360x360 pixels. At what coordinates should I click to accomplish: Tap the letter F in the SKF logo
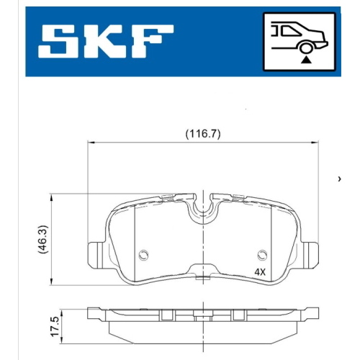tap(152, 41)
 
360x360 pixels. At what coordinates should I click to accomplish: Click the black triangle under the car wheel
tap(306, 60)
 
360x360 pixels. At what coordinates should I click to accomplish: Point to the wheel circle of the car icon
tap(306, 48)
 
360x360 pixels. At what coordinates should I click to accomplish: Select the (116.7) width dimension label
tap(203, 134)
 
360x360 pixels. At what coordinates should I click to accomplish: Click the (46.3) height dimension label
tap(43, 239)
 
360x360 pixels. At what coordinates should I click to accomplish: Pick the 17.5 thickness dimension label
tap(55, 326)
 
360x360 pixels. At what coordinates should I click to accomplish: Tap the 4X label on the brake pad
tap(260, 272)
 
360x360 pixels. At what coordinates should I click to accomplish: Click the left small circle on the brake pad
tap(143, 255)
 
